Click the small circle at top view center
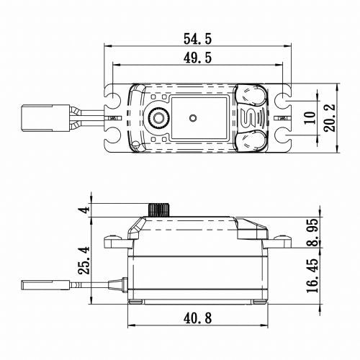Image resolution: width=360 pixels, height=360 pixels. [x=192, y=117]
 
